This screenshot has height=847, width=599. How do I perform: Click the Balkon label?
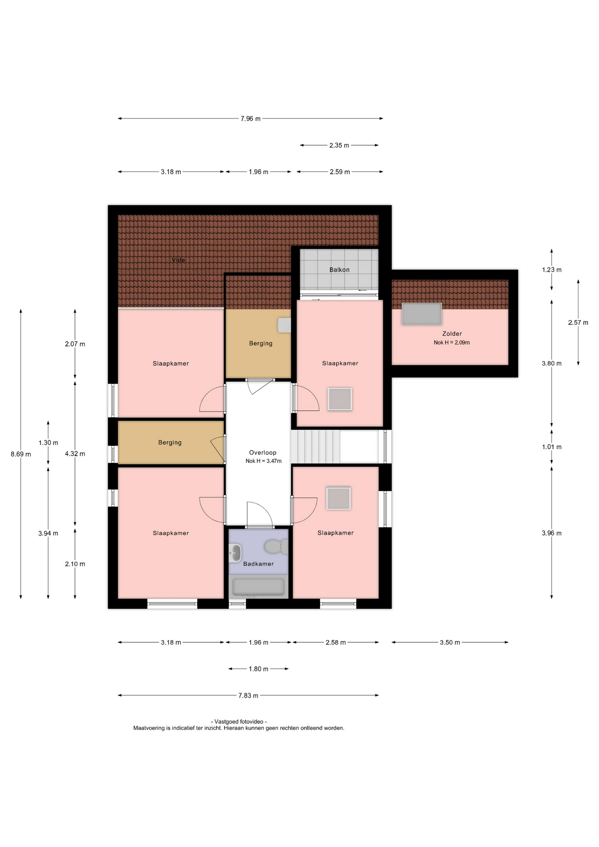point(339,270)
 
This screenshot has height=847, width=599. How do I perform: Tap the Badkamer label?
point(258,564)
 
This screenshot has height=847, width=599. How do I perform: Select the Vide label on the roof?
point(178,260)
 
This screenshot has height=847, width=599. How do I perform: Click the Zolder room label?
point(452,334)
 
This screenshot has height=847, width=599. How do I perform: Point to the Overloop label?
point(262,452)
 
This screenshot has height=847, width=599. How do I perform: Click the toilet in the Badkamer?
point(277,547)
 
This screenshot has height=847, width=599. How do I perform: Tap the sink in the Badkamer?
point(236,552)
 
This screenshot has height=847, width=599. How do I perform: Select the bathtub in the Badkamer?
point(258,587)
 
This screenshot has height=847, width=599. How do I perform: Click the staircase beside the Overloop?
point(315,446)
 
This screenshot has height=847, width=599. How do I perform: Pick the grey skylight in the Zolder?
point(422,314)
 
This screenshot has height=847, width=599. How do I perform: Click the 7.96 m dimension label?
point(250,119)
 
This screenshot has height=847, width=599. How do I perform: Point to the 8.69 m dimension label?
point(21,454)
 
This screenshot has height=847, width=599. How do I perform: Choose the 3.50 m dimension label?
point(450,642)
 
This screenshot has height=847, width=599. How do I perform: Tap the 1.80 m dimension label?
point(258,669)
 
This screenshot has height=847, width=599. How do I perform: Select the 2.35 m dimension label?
point(339,145)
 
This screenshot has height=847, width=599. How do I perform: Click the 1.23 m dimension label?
point(552,270)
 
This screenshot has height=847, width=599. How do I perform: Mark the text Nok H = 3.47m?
point(263,461)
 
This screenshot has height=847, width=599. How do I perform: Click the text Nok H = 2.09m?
point(452,342)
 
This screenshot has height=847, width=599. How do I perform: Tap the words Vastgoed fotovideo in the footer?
point(239,722)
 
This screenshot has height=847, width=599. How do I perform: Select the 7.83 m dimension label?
point(248,695)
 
